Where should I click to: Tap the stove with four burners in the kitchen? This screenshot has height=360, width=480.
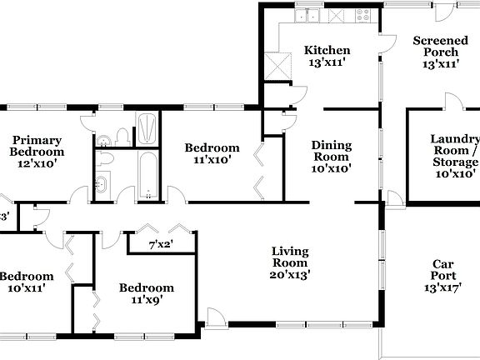tap(363, 14)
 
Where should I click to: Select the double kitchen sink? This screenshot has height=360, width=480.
tap(312, 14)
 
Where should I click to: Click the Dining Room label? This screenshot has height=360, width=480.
tap(331, 156)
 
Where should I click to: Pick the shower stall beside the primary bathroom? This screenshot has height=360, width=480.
tap(147, 129)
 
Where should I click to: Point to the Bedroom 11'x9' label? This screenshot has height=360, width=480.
tap(146, 293)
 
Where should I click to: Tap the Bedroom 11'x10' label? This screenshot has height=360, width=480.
tap(212, 153)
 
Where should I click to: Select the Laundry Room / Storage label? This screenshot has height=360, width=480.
tap(454, 156)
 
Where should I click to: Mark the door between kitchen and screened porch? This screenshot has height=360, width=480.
tap(386, 46)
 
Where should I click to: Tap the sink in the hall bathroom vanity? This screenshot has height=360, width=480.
tap(102, 183)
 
